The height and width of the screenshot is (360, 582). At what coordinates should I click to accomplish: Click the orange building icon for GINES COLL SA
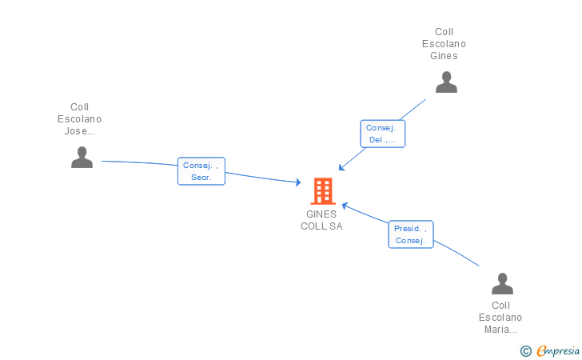click(322, 191)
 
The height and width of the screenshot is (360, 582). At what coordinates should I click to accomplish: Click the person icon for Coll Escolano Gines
click(446, 82)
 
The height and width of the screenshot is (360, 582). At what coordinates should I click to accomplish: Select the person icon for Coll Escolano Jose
click(82, 158)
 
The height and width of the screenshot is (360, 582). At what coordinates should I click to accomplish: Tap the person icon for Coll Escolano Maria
click(501, 284)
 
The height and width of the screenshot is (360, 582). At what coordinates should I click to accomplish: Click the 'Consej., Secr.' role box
click(201, 171)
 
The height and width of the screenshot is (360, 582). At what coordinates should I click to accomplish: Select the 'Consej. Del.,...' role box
click(383, 134)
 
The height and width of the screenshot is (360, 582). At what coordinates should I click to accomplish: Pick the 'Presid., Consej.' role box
click(411, 234)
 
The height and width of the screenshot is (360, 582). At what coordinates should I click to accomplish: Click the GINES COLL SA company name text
click(321, 220)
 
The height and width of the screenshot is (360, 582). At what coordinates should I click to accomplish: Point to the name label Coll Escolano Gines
click(444, 44)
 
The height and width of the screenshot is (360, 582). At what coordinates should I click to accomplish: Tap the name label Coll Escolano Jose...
click(80, 119)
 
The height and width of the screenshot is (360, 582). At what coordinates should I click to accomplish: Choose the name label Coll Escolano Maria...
click(500, 318)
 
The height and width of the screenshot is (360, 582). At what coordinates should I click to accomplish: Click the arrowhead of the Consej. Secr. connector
click(297, 183)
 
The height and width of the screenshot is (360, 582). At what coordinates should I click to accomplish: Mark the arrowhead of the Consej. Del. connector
click(341, 167)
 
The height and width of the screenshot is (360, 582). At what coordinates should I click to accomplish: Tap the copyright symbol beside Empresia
click(525, 350)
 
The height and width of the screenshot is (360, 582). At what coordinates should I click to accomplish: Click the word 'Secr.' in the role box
click(201, 178)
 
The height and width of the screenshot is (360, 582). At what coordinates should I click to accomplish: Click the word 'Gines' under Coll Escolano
click(444, 56)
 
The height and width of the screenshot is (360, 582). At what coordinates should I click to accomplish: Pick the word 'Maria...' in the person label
click(500, 330)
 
